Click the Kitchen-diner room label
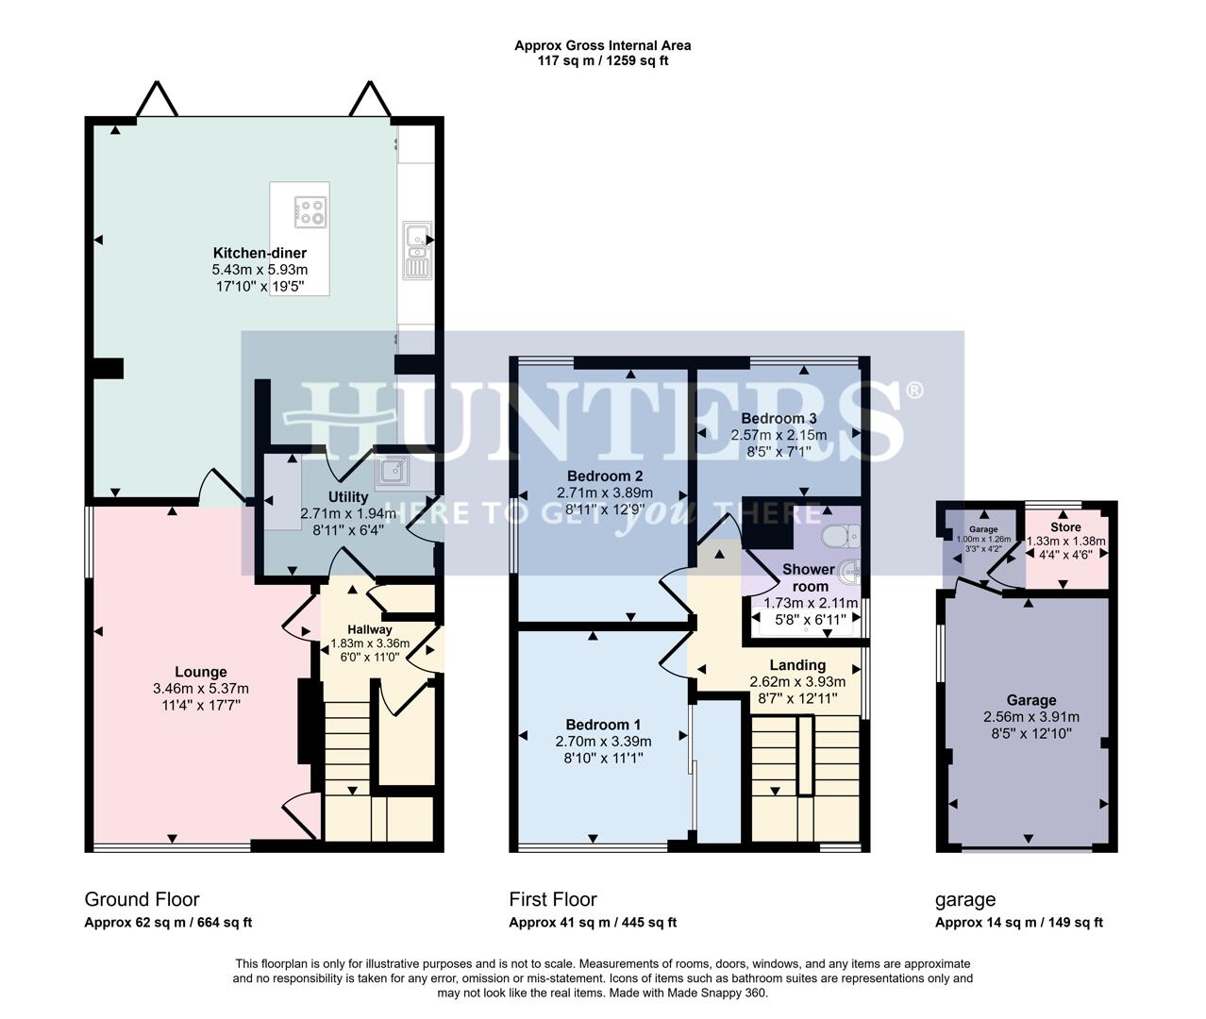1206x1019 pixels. click(260, 253)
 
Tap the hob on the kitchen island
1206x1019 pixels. click(310, 211)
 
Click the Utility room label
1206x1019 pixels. click(348, 496)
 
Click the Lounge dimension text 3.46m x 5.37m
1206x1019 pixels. click(201, 689)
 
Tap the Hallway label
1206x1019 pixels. click(369, 629)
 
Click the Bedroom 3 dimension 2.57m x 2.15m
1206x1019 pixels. click(779, 435)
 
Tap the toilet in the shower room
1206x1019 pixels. click(837, 537)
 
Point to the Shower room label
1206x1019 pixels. click(809, 577)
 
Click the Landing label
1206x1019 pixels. click(797, 665)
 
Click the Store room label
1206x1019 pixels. click(1065, 527)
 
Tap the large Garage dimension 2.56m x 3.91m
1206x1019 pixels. click(1030, 717)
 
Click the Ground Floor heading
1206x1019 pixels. click(142, 899)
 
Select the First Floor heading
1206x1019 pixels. click(553, 899)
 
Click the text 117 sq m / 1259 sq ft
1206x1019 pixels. click(602, 60)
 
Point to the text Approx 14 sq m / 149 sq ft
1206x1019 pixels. click(1019, 923)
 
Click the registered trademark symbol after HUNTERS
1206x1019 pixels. click(913, 390)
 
